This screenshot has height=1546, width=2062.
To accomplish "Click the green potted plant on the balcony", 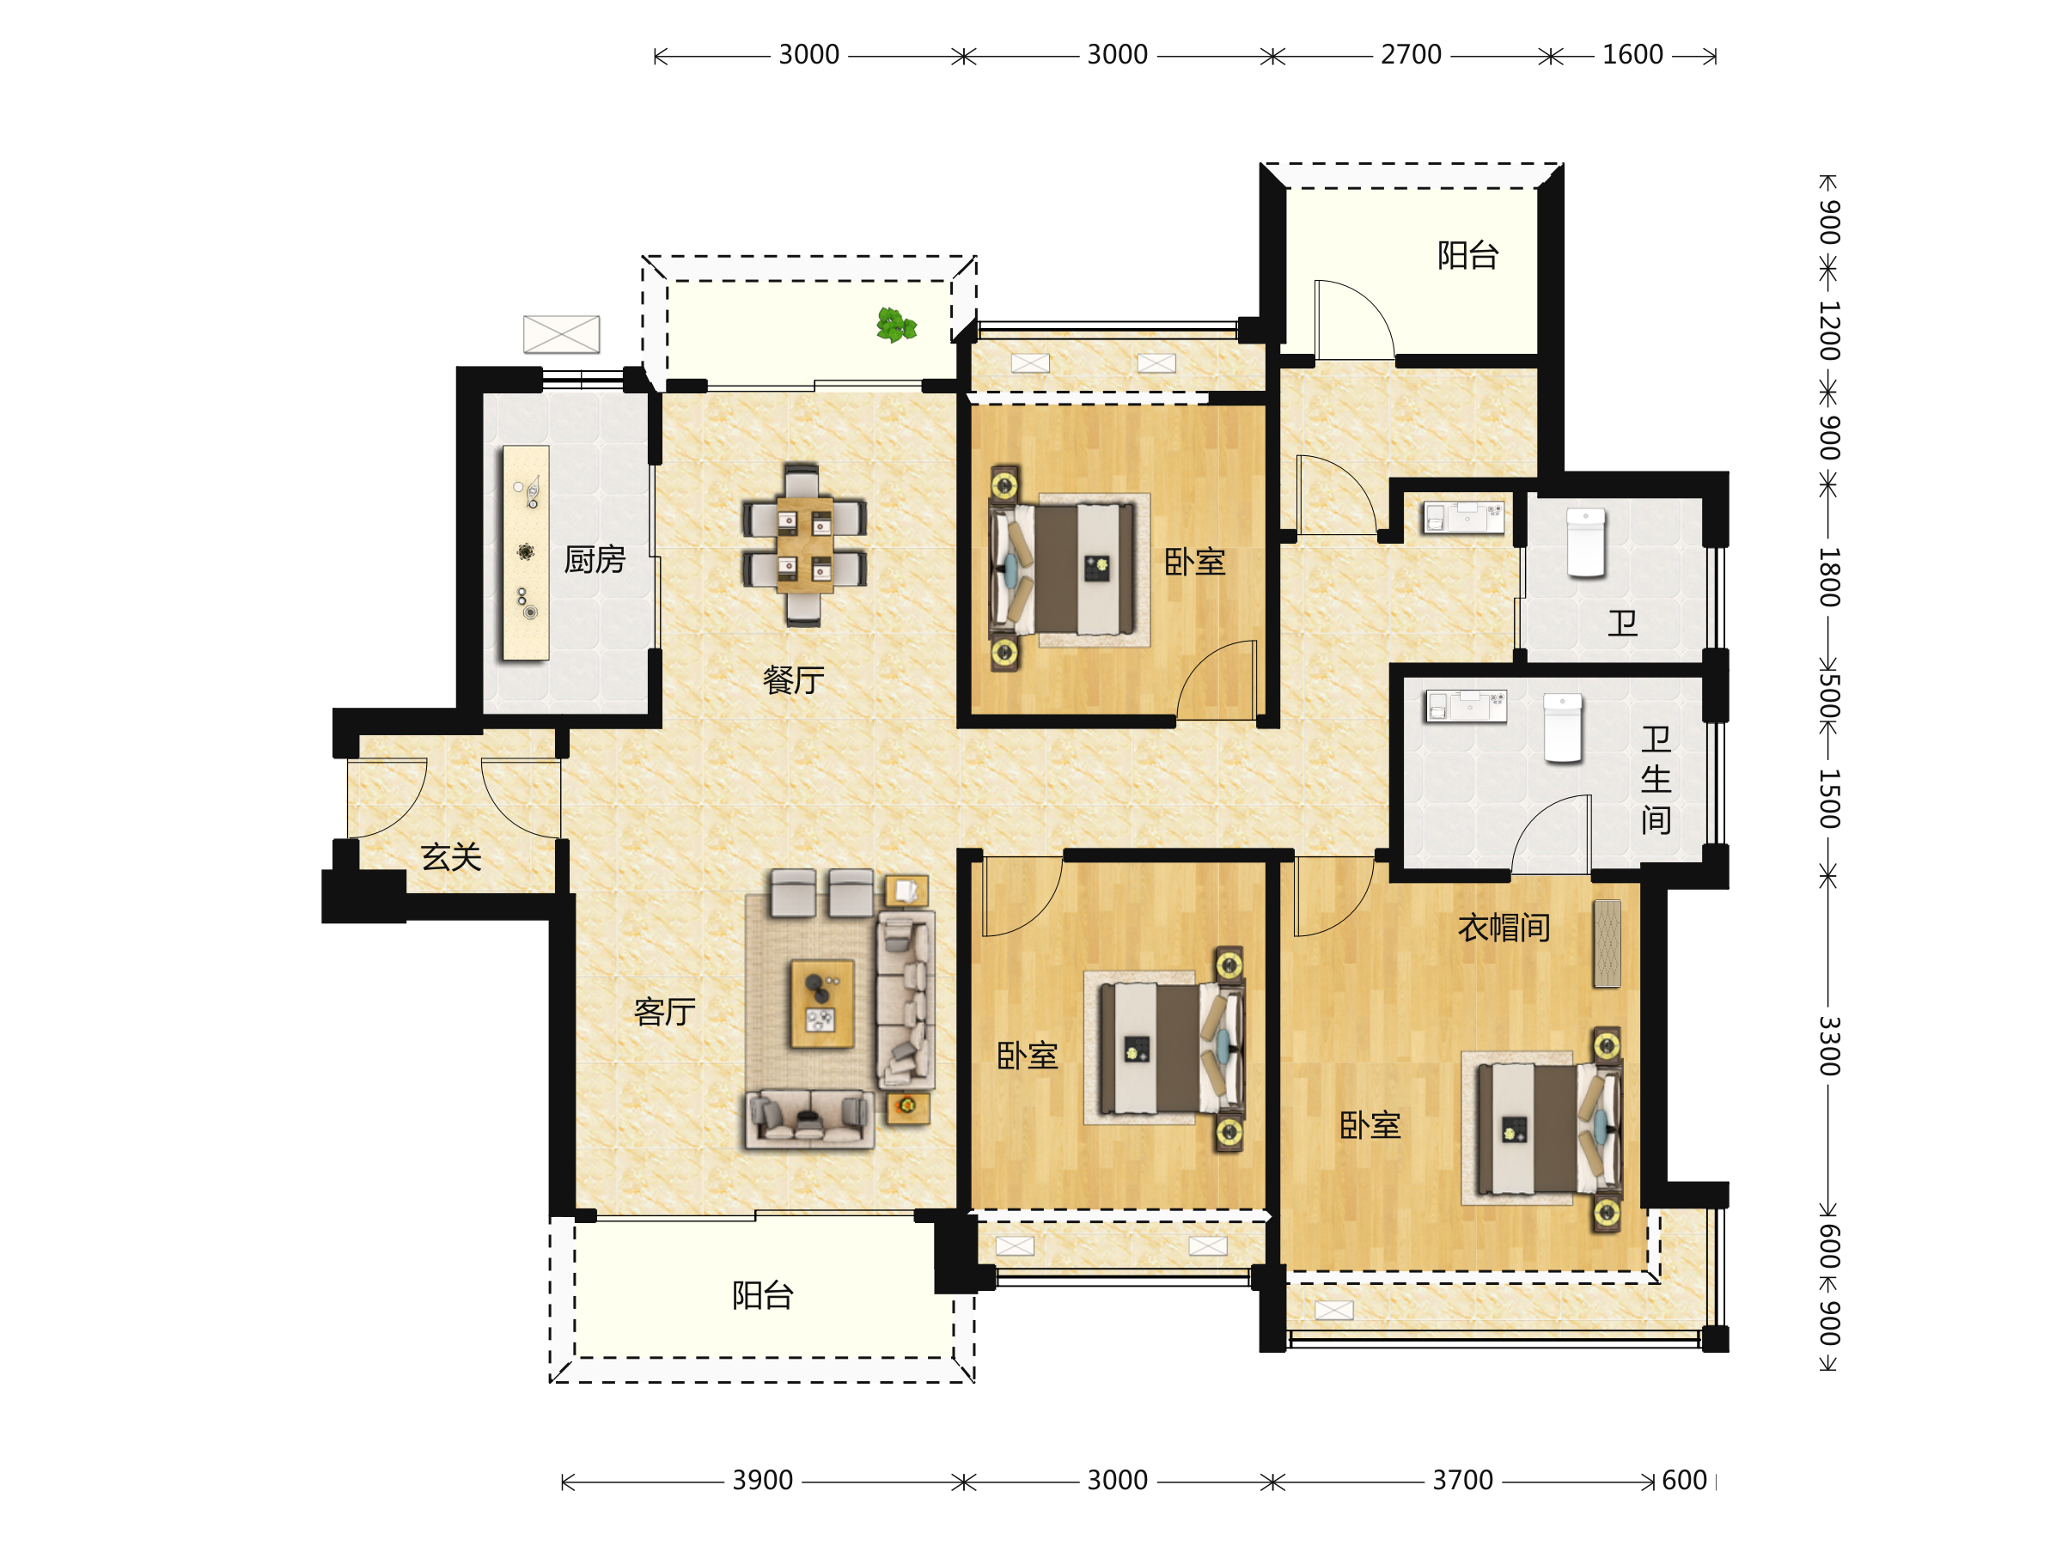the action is pyautogui.click(x=896, y=326).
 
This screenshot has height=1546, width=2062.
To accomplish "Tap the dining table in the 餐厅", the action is pyautogui.click(x=804, y=545).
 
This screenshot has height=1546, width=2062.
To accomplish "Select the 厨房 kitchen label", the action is pyautogui.click(x=595, y=560).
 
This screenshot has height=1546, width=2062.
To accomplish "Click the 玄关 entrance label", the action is pyautogui.click(x=451, y=857).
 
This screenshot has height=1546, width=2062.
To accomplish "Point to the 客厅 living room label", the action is pyautogui.click(x=665, y=1012).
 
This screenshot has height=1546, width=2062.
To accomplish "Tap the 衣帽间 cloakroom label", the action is pyautogui.click(x=1504, y=928).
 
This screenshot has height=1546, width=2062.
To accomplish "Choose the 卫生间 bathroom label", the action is pyautogui.click(x=1656, y=780).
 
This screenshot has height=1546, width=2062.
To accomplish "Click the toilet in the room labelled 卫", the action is pyautogui.click(x=1586, y=542).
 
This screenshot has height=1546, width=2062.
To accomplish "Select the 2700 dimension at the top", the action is pyautogui.click(x=1412, y=55).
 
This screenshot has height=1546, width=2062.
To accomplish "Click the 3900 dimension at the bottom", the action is pyautogui.click(x=763, y=1481).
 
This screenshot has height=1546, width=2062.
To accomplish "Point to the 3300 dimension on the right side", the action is pyautogui.click(x=1829, y=1045).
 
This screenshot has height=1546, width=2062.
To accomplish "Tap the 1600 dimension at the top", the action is pyautogui.click(x=1632, y=55).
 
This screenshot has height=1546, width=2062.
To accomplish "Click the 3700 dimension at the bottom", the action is pyautogui.click(x=1462, y=1481).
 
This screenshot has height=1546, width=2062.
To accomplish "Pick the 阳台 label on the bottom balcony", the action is pyautogui.click(x=763, y=1295).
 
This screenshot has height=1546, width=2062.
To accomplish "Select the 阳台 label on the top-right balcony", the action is pyautogui.click(x=1468, y=255).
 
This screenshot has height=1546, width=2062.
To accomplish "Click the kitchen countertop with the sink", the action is pyautogui.click(x=526, y=552).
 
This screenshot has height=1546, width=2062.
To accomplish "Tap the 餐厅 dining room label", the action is pyautogui.click(x=793, y=680).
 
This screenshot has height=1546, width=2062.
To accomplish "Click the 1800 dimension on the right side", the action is pyautogui.click(x=1829, y=578).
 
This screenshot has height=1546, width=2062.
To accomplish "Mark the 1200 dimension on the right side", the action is pyautogui.click(x=1829, y=331).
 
